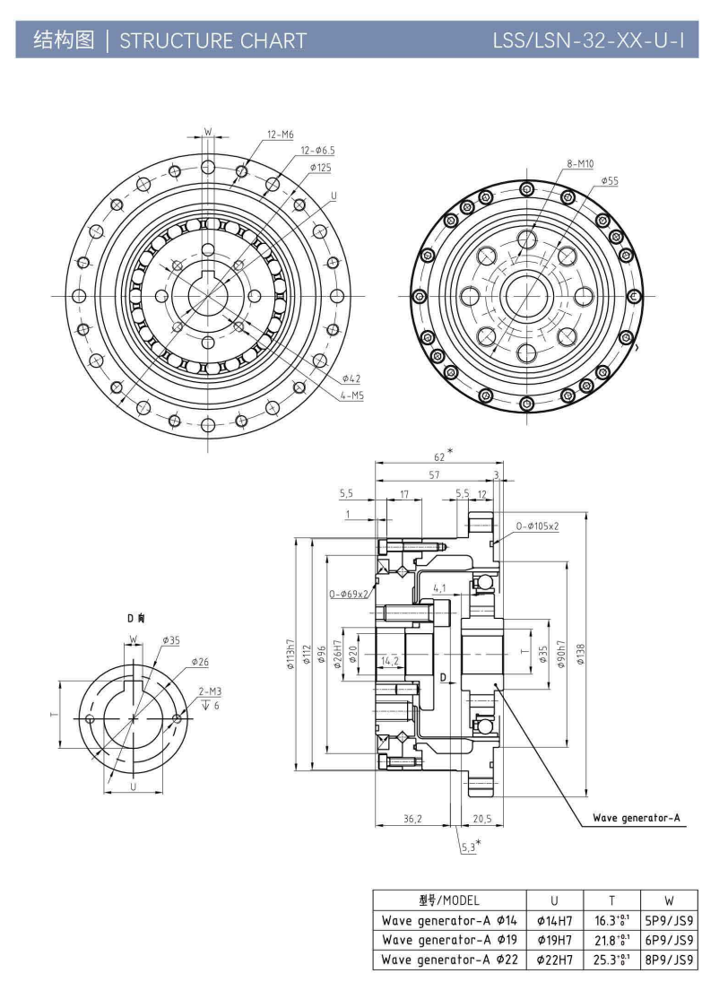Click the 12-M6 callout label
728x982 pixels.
pos(281,135)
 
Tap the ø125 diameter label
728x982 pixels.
pos(321,167)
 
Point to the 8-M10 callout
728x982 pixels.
pos(580,164)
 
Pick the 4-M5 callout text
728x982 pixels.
pos(351,395)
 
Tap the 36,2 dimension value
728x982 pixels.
pos(412,819)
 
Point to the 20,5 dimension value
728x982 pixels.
pos(481,819)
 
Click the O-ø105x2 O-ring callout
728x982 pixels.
pos(537,526)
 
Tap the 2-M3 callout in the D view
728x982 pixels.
pos(209,691)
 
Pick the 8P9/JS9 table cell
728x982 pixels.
pos(669,960)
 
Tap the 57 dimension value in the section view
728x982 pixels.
pos(434,475)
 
